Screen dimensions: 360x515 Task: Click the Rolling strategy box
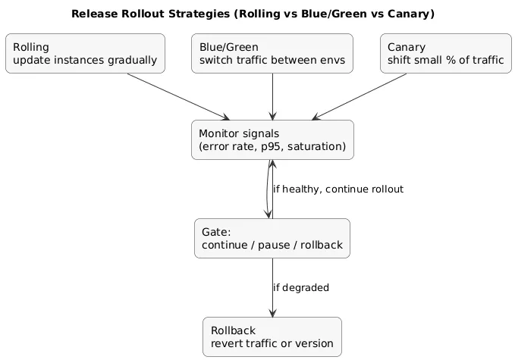tap(85, 53)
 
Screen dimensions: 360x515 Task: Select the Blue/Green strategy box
tap(272, 53)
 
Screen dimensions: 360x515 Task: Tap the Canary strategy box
tap(444, 53)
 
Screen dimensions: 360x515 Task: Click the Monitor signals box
tap(272, 139)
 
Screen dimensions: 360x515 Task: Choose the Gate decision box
tap(272, 238)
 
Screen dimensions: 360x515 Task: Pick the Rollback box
tap(272, 337)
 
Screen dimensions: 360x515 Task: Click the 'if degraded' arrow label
tap(301, 288)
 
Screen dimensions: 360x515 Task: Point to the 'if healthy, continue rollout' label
tap(338, 189)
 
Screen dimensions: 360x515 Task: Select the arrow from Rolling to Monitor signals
tap(178, 96)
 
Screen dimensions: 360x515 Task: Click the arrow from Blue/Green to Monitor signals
tap(272, 96)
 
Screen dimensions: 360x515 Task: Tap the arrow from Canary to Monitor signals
tap(360, 96)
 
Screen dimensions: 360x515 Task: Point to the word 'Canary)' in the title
tap(413, 14)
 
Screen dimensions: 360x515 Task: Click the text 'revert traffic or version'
tap(272, 343)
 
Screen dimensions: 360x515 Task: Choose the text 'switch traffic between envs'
tap(272, 61)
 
